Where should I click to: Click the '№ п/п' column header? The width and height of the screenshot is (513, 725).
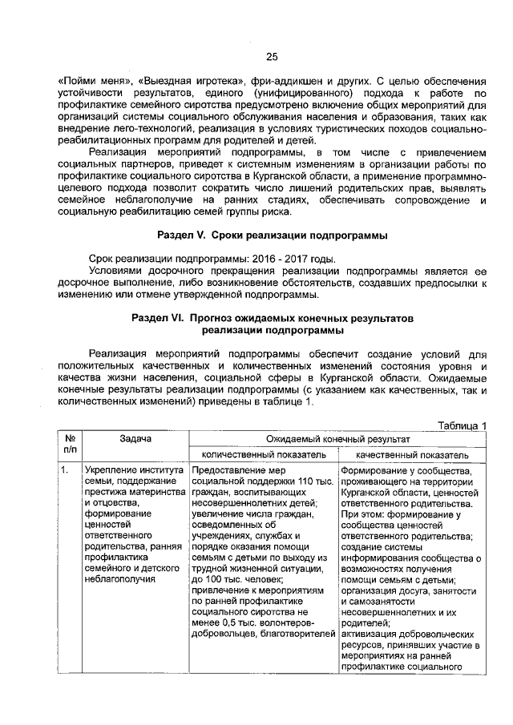pyautogui.click(x=69, y=445)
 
